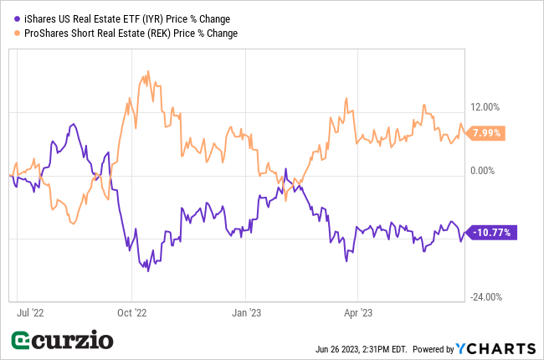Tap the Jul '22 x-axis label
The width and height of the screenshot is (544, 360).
pyautogui.click(x=31, y=313)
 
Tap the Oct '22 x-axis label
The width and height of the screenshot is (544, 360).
pyautogui.click(x=131, y=313)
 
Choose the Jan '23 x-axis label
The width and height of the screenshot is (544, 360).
pyautogui.click(x=245, y=313)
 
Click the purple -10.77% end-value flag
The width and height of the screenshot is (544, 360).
pyautogui.click(x=492, y=232)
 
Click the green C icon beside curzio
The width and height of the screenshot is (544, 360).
pyautogui.click(x=22, y=342)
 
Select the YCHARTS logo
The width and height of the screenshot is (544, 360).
pyautogui.click(x=495, y=347)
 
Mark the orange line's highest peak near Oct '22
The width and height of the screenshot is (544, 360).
pyautogui.click(x=147, y=73)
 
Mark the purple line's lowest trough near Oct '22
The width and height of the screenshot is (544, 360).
pyautogui.click(x=148, y=270)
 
